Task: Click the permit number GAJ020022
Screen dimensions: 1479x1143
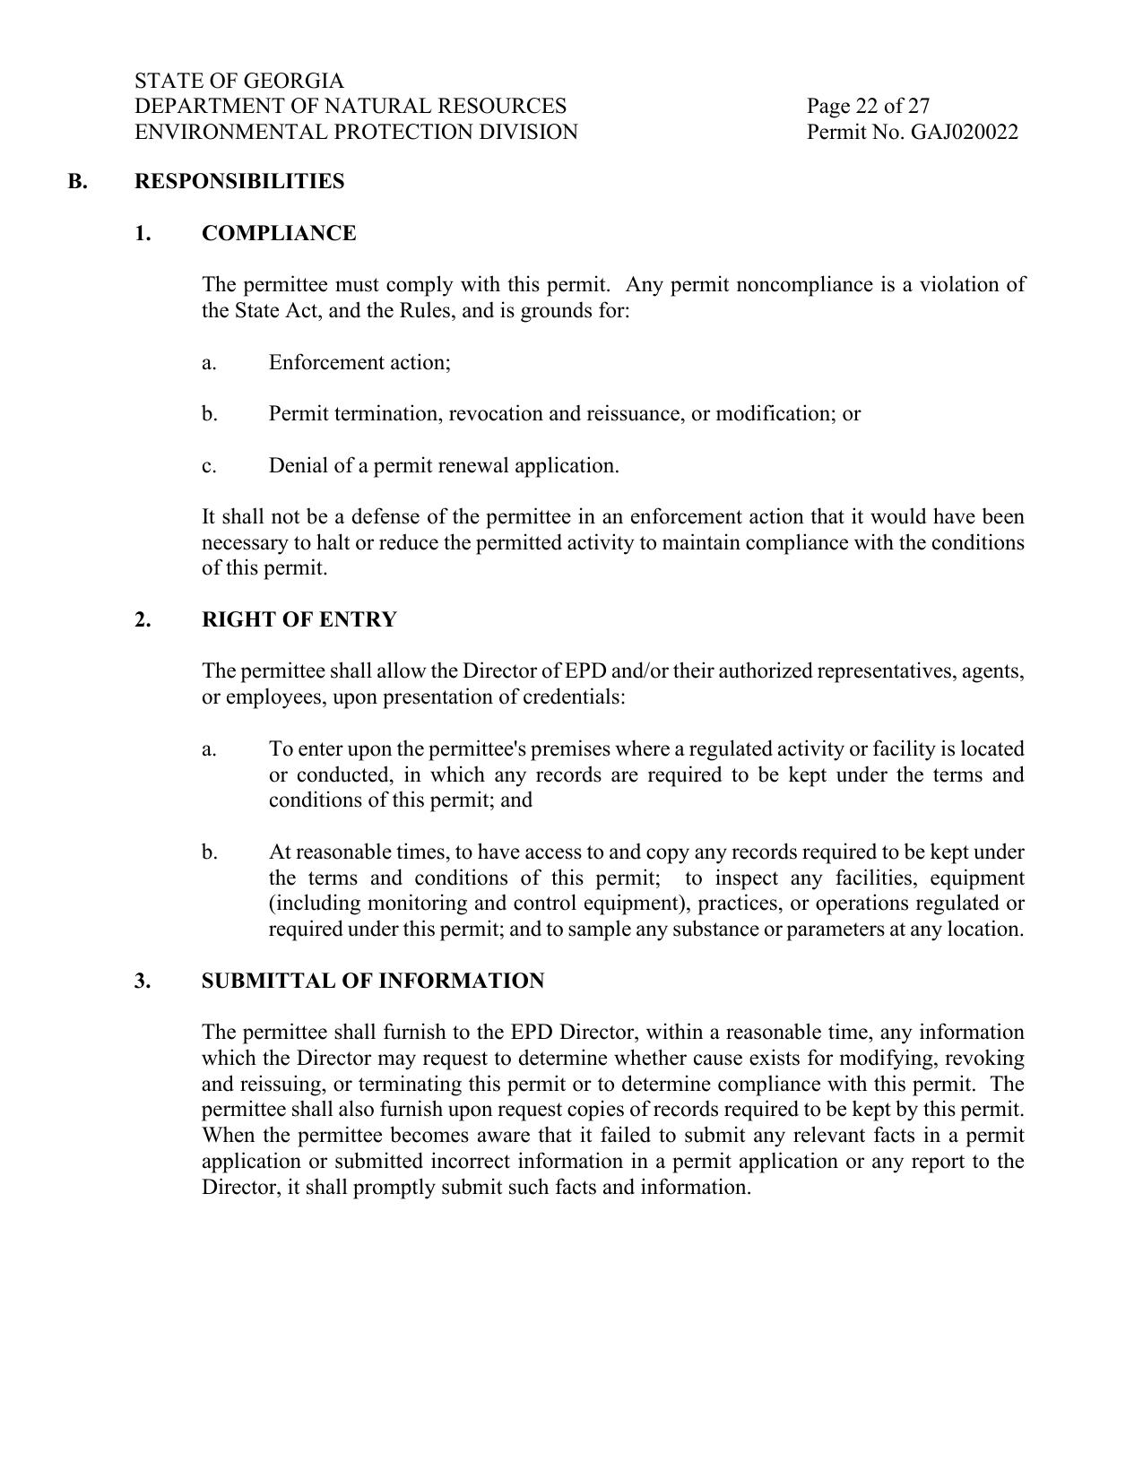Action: tap(965, 133)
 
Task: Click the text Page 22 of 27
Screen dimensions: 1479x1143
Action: tap(868, 107)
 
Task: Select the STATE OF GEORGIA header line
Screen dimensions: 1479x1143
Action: tap(238, 81)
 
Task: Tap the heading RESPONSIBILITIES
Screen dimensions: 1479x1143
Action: tap(239, 181)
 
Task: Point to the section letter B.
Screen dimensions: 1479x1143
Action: tap(77, 181)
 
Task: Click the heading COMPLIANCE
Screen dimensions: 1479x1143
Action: tap(279, 233)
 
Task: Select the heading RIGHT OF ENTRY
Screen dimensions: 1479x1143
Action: tap(299, 619)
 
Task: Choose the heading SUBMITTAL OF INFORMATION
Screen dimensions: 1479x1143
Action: tap(373, 981)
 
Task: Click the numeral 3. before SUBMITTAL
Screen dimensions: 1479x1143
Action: tap(143, 981)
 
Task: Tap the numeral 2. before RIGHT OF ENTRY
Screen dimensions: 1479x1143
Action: tap(143, 619)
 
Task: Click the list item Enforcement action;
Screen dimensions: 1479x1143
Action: tap(359, 362)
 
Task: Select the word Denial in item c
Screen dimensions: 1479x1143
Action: tap(294, 466)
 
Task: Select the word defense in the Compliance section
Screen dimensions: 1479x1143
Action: tap(384, 517)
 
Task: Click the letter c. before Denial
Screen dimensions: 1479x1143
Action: tap(209, 466)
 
